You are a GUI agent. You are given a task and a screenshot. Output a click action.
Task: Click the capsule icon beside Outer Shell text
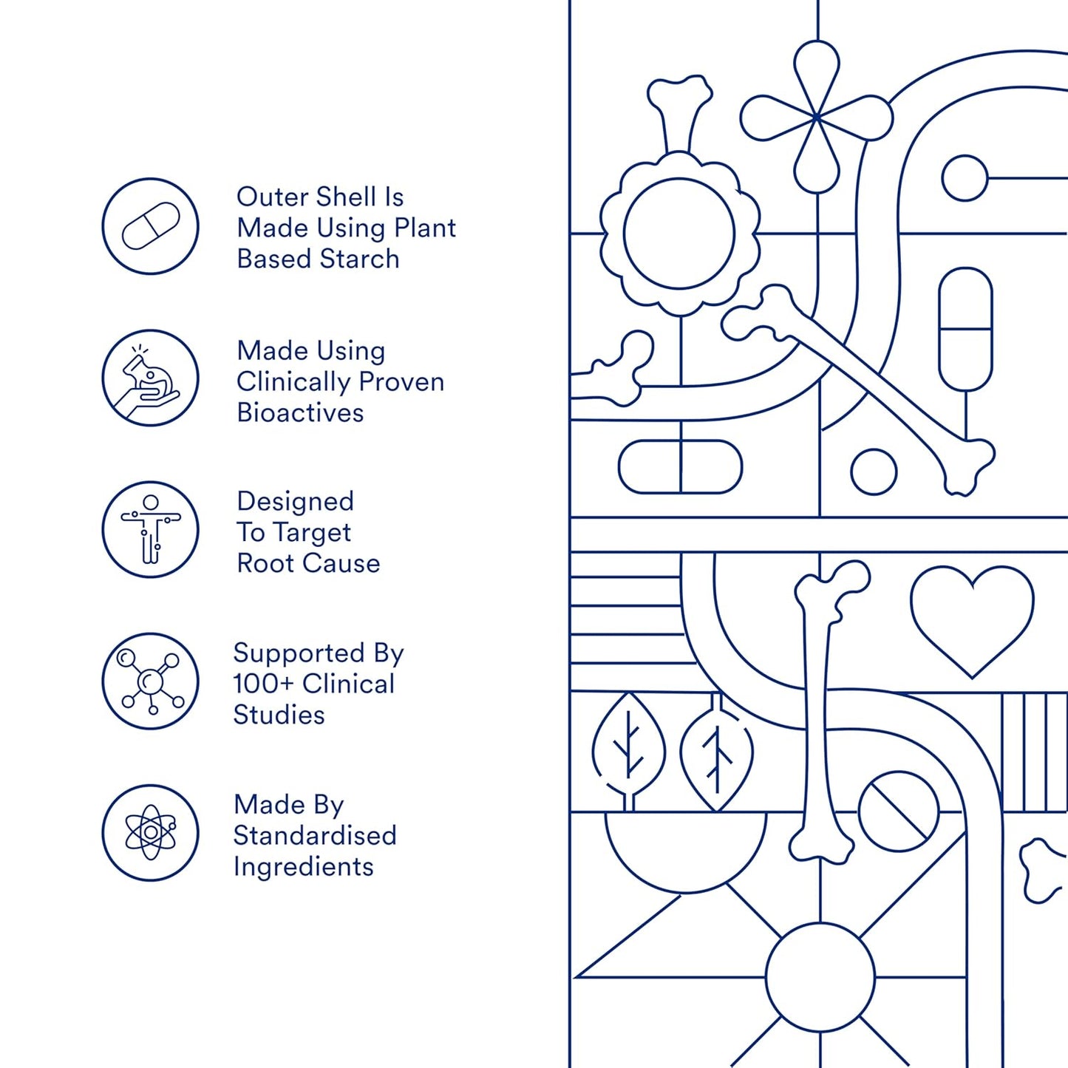point(150,226)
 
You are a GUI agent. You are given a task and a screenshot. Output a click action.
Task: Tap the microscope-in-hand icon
point(150,378)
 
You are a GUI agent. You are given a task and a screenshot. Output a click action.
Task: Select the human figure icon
point(150,529)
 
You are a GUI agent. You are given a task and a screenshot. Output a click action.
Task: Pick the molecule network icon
point(150,681)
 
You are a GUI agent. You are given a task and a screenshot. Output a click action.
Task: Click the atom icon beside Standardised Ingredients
point(150,832)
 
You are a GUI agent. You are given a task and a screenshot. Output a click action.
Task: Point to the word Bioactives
point(300,413)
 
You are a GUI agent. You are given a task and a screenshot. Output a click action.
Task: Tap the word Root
point(265,564)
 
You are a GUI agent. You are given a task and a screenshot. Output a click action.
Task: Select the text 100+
point(264,684)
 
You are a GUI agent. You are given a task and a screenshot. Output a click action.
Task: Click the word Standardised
point(315,836)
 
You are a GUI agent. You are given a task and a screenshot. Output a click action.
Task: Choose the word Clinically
point(293,383)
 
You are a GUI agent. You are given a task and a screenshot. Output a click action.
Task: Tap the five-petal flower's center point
point(817,118)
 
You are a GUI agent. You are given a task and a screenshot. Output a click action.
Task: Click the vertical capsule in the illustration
point(965,329)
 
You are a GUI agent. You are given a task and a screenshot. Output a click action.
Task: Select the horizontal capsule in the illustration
point(680,466)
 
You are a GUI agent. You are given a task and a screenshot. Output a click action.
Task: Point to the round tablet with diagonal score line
point(899,812)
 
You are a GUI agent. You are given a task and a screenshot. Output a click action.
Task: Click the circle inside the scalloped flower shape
point(679,234)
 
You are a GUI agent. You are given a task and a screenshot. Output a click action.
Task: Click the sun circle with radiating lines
point(820,977)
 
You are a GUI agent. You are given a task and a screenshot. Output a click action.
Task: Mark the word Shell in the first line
point(341,197)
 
